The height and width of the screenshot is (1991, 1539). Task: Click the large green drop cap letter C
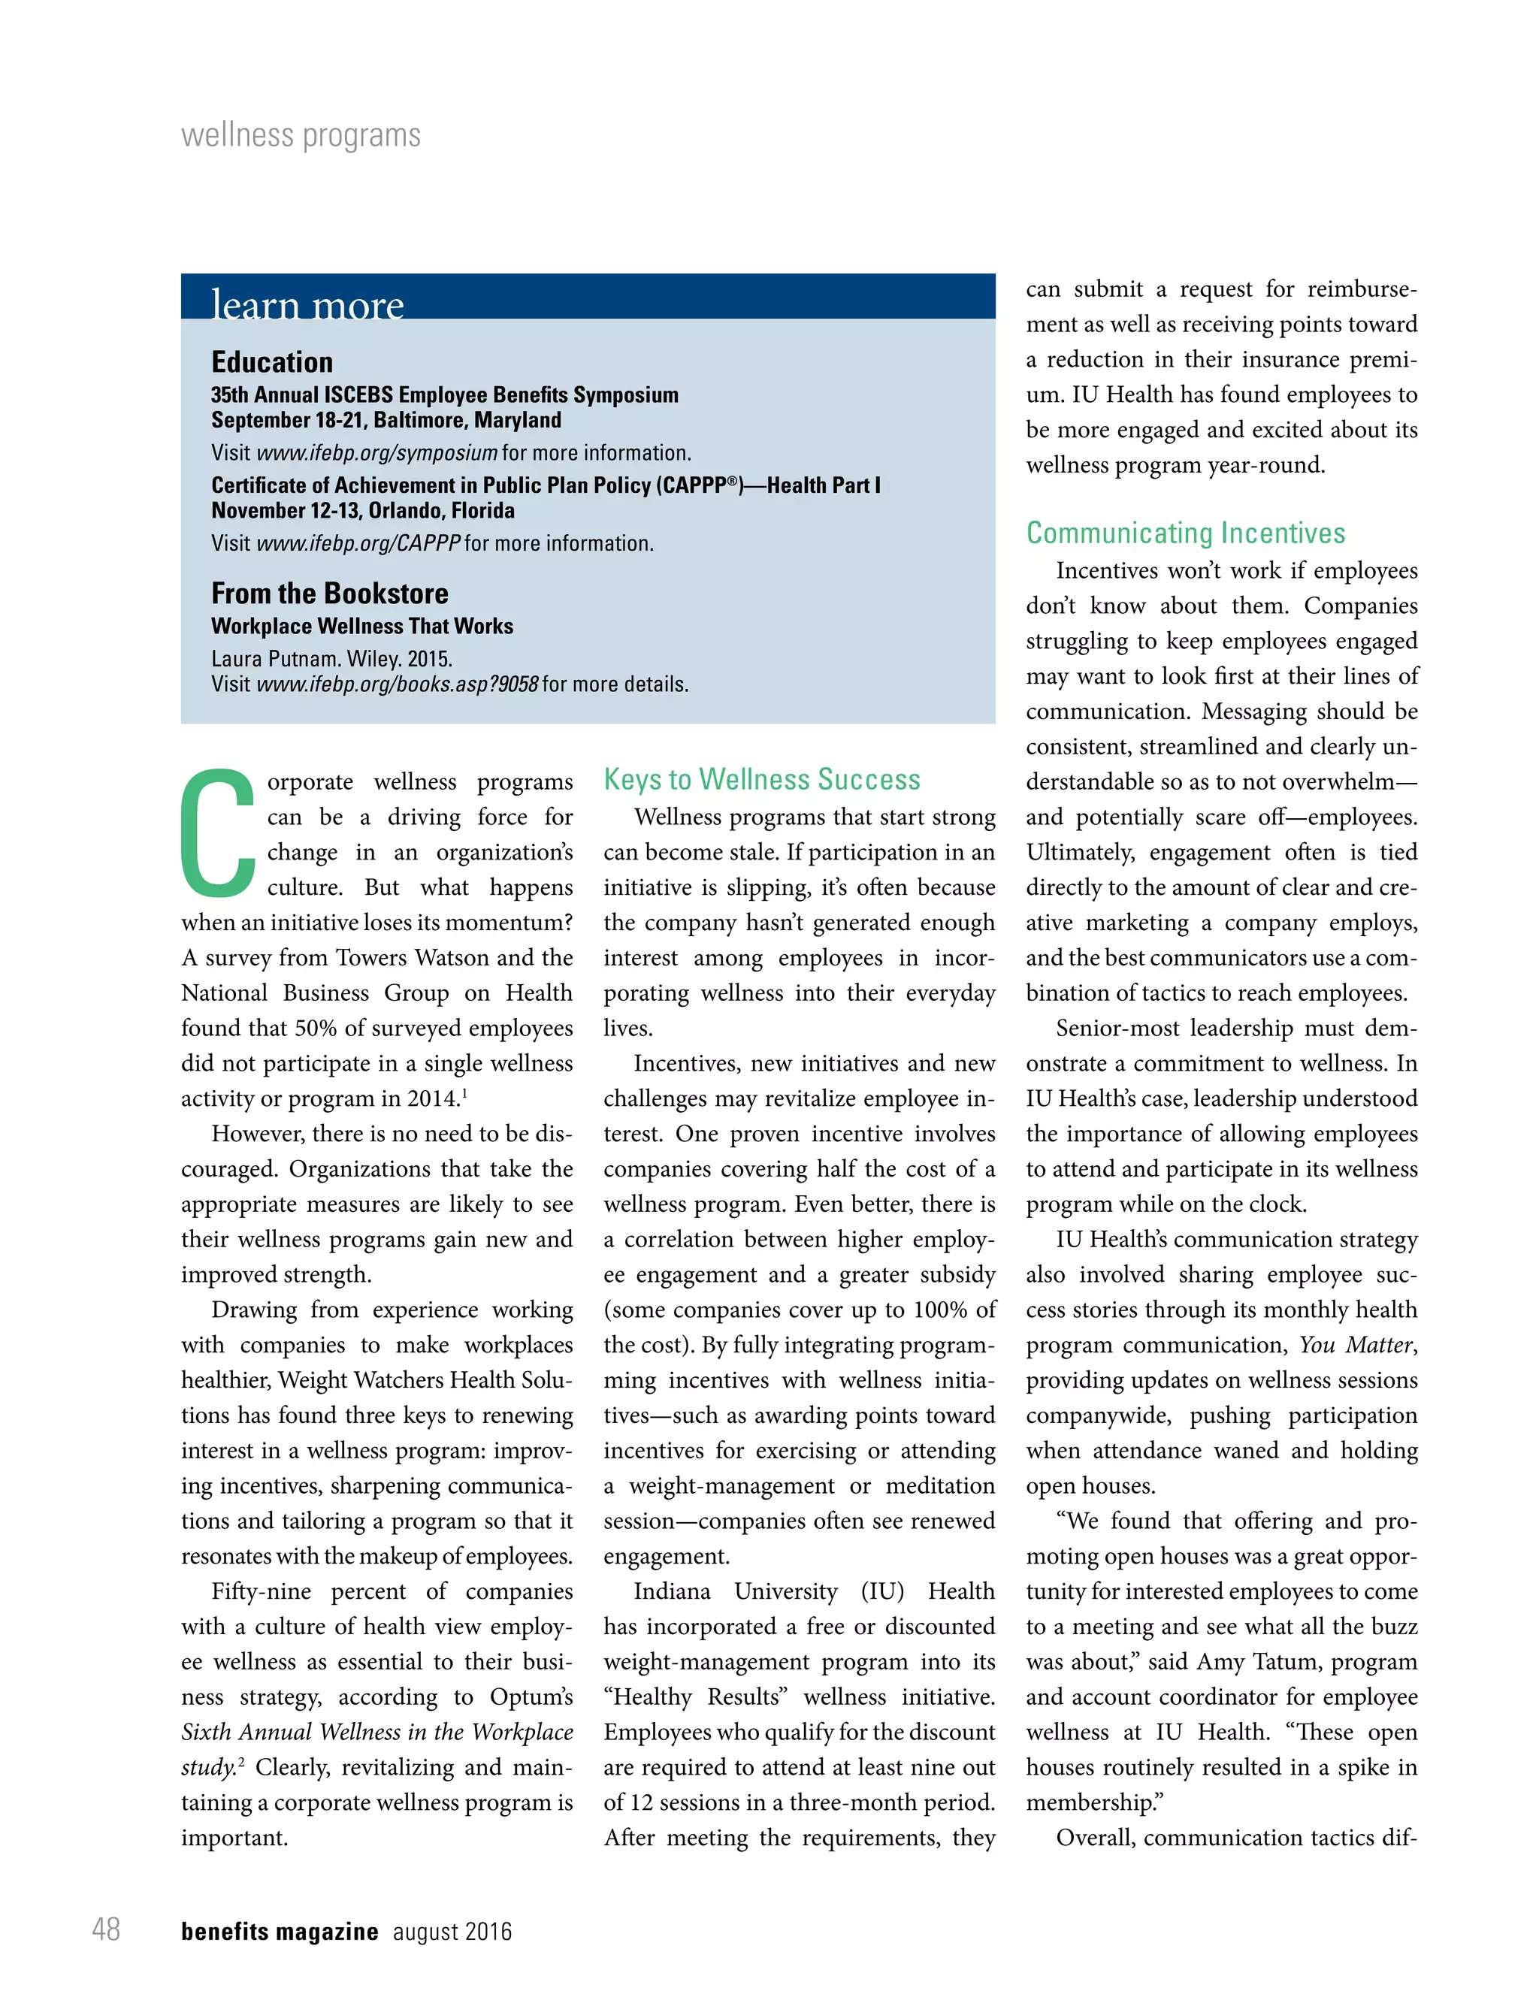(x=217, y=833)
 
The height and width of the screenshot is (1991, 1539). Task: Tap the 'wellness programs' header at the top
(x=301, y=136)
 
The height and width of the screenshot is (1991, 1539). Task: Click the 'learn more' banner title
(x=307, y=304)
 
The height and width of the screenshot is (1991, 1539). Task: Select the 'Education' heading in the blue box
(x=272, y=362)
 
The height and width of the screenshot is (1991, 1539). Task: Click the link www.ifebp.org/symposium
(x=376, y=453)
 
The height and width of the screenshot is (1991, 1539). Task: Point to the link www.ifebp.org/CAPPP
(x=358, y=543)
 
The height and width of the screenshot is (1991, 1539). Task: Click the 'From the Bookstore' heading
(x=329, y=594)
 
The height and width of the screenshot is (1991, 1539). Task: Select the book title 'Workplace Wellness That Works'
(x=362, y=627)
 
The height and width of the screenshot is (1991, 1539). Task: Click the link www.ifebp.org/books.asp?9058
(x=398, y=684)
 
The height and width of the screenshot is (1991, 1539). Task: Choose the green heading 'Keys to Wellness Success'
(x=761, y=779)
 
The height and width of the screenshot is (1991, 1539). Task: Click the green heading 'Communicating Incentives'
(x=1185, y=533)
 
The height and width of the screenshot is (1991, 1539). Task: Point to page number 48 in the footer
(x=106, y=1929)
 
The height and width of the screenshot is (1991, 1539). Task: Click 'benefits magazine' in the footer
(x=279, y=1932)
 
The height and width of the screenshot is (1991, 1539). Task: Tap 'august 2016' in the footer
(x=452, y=1932)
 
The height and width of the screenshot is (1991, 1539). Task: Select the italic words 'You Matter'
(x=1356, y=1345)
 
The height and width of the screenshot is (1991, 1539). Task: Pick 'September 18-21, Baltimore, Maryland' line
(x=386, y=420)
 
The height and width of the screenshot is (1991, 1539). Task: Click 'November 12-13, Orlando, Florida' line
(x=363, y=510)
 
